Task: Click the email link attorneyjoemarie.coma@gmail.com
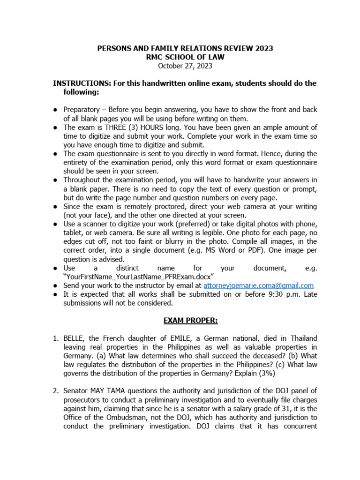(258, 285)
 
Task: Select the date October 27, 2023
(185, 66)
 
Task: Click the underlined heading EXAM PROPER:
(184, 321)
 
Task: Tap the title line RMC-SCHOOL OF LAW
(185, 57)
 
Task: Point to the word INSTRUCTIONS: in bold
(81, 83)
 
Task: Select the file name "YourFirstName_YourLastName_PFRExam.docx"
(139, 277)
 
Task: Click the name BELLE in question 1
(75, 338)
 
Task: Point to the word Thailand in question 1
(302, 338)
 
